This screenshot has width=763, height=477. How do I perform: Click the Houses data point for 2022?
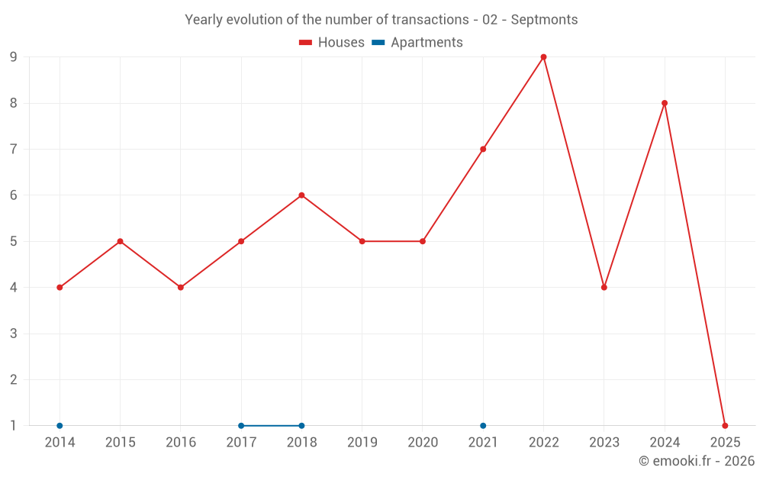coord(543,57)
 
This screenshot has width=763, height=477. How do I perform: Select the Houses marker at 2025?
coord(725,425)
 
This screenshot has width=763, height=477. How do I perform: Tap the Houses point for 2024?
coord(665,103)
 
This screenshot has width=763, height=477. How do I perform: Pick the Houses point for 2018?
coord(301,195)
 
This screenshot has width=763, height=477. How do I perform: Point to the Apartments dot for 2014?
coord(60,425)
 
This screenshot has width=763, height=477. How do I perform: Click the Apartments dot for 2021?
coord(483,425)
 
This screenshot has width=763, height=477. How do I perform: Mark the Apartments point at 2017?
coord(241,425)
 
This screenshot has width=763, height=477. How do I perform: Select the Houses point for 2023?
coord(604,287)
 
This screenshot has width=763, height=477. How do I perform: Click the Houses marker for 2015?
coord(120,241)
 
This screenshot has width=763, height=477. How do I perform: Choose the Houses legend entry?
coord(332,43)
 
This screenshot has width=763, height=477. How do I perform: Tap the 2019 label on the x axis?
coord(362,442)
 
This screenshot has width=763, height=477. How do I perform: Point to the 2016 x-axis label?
coord(181,442)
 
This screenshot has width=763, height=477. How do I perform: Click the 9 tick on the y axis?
coord(13,57)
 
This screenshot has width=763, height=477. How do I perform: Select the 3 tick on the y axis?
coord(13,334)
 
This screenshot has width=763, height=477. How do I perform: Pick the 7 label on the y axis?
coord(13,150)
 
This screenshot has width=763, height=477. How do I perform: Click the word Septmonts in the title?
coord(544,20)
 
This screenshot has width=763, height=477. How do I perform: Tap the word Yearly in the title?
coord(204,20)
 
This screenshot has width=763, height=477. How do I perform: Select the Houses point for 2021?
coord(483,149)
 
